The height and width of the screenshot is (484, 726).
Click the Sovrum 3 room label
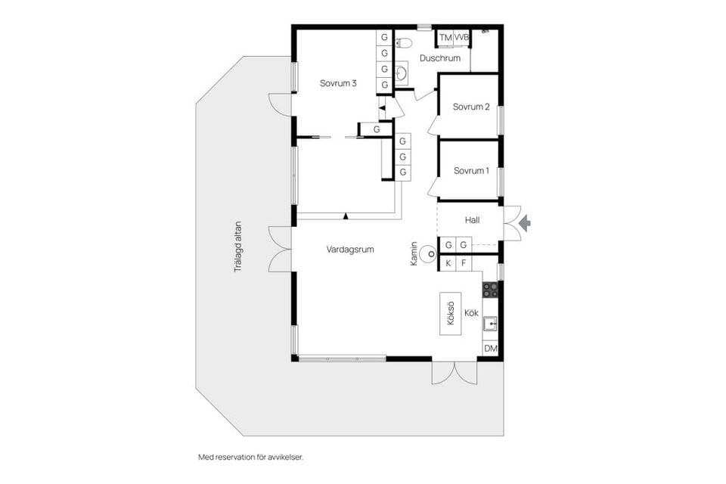pyautogui.click(x=339, y=83)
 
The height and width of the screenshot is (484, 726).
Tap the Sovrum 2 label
pyautogui.click(x=471, y=107)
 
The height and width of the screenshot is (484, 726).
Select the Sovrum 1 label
pyautogui.click(x=471, y=171)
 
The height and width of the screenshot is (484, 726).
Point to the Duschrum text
pyautogui.click(x=440, y=58)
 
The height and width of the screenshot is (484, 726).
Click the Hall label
pyautogui.click(x=473, y=220)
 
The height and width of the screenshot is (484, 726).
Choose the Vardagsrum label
pyautogui.click(x=350, y=249)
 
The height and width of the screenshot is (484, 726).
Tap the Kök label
pyautogui.click(x=472, y=312)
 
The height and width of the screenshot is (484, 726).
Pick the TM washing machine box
pyautogui.click(x=445, y=37)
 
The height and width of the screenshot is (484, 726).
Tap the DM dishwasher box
pyautogui.click(x=491, y=349)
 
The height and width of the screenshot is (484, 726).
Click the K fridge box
pyautogui.click(x=448, y=263)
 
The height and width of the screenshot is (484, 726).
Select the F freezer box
pyautogui.click(x=464, y=263)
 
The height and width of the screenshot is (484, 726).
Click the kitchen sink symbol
pyautogui.click(x=491, y=325)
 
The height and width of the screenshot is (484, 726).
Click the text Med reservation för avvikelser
pyautogui.click(x=255, y=457)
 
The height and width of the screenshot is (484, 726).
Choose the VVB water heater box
pyautogui.click(x=461, y=37)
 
